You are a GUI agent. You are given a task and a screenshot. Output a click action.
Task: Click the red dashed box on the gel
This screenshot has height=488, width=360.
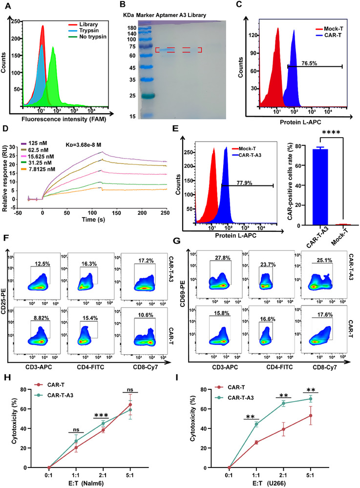tap(178, 50)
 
